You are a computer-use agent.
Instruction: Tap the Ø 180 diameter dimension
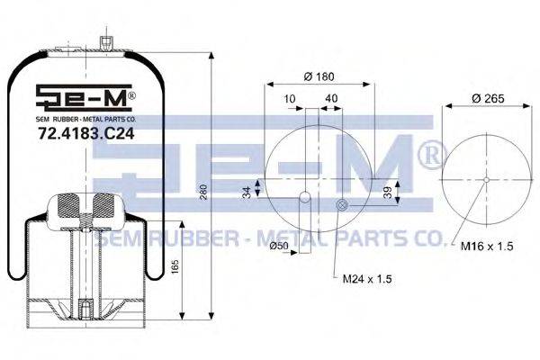click(x=319, y=75)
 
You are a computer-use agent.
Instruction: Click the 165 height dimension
click(x=176, y=267)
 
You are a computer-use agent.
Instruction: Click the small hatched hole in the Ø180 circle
click(x=341, y=206)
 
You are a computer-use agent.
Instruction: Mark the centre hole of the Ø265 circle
click(x=486, y=179)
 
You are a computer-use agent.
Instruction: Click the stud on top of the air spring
click(x=106, y=43)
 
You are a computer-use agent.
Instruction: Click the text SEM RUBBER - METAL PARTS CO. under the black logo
click(x=86, y=117)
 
